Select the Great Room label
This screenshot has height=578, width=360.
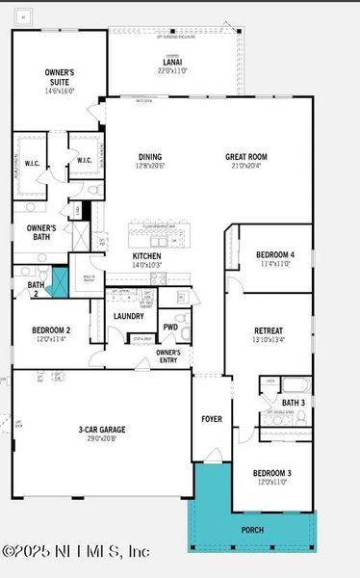click(x=245, y=157)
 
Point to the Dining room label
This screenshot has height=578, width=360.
click(x=149, y=157)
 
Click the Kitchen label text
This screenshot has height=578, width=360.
click(x=147, y=256)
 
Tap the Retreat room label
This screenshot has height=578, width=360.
click(x=268, y=331)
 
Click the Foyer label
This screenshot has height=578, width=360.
click(x=211, y=419)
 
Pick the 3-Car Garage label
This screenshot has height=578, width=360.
click(x=102, y=430)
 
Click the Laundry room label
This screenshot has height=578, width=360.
click(x=128, y=316)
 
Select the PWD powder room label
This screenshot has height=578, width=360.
click(x=170, y=328)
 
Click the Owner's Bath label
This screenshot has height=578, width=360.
click(x=41, y=232)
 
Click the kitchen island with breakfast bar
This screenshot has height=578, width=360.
click(x=161, y=234)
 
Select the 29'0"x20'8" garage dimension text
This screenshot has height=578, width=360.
click(x=102, y=438)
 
